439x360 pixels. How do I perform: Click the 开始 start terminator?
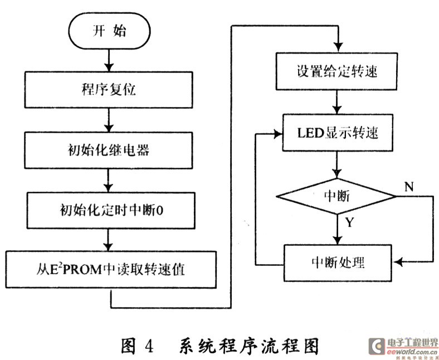[x=109, y=31]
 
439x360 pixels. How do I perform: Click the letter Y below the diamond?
[x=349, y=223]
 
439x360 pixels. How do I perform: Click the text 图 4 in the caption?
[x=137, y=346]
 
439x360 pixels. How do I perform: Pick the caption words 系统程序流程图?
[x=249, y=346]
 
